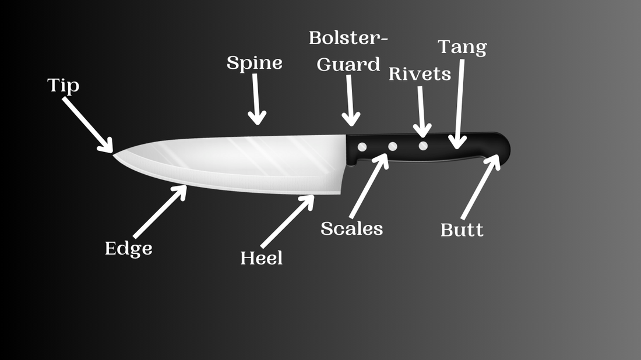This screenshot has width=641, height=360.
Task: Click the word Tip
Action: click(63, 86)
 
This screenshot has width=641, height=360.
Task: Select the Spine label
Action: click(254, 62)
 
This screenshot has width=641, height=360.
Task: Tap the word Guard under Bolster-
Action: click(348, 64)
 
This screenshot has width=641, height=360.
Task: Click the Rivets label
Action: click(420, 74)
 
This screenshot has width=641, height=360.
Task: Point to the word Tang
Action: click(462, 47)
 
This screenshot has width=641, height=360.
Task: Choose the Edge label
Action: click(128, 249)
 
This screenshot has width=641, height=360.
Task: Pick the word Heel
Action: click(261, 257)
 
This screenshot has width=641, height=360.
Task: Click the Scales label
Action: click(351, 228)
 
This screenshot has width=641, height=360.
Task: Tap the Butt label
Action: click(462, 230)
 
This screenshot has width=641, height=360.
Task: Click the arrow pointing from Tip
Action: click(87, 124)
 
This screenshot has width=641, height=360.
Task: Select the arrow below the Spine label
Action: click(256, 99)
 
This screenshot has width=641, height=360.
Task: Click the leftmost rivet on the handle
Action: click(362, 147)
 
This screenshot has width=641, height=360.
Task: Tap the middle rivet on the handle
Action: click(393, 146)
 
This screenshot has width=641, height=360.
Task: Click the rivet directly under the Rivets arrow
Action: click(423, 146)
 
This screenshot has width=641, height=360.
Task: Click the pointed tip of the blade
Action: click(114, 154)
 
